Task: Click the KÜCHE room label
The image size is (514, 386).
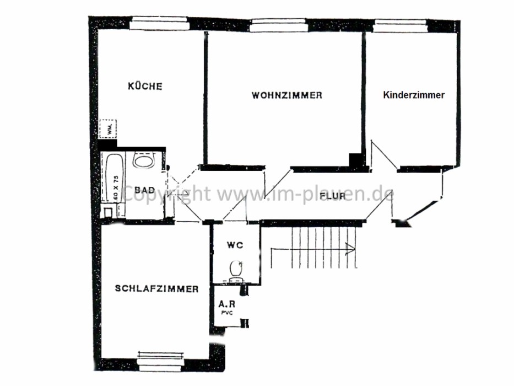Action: [x=145, y=86]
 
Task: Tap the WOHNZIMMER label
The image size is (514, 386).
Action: [x=287, y=95]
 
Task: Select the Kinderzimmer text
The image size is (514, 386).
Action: [x=414, y=95]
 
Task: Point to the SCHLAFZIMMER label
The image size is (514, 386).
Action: [x=156, y=288]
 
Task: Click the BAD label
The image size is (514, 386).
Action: [x=144, y=190]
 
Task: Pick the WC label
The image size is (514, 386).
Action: [x=235, y=245]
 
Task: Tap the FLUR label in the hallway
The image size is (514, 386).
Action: [x=332, y=196]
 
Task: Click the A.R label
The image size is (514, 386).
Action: [x=227, y=304]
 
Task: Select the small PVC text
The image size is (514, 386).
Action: [x=227, y=313]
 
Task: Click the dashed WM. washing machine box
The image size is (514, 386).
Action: [x=107, y=128]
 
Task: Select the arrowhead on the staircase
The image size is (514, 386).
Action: [x=351, y=248]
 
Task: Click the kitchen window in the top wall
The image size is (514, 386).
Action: [x=159, y=23]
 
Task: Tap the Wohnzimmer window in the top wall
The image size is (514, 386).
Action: [x=278, y=25]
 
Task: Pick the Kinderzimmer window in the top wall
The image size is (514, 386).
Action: [x=401, y=25]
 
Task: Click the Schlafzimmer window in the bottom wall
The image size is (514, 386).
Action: [x=160, y=361]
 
